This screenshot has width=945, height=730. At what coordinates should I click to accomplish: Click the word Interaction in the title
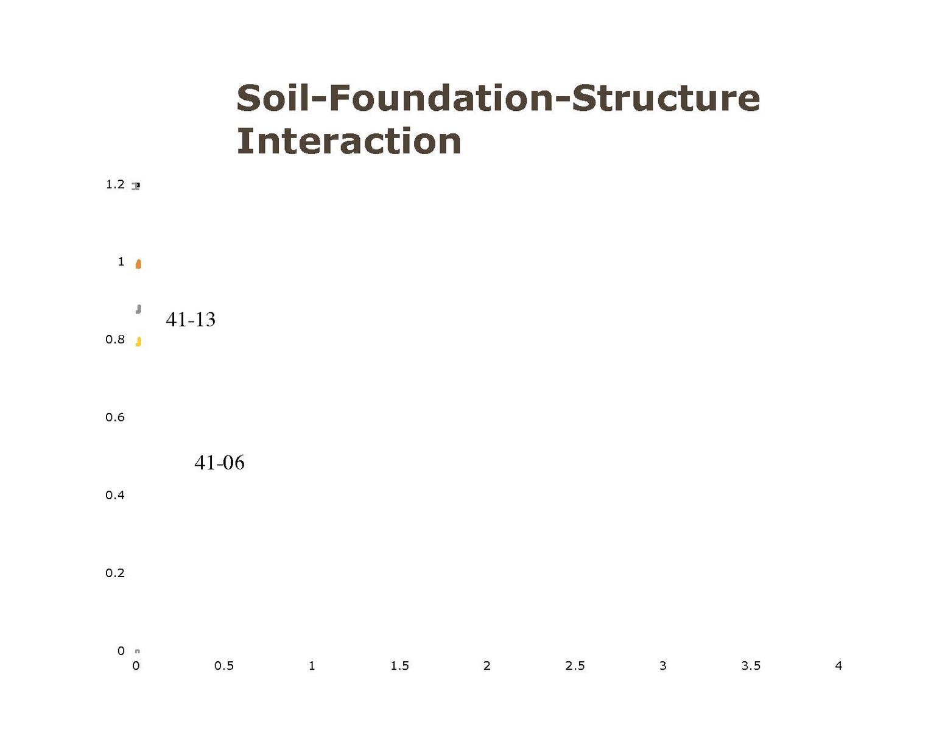coord(348,141)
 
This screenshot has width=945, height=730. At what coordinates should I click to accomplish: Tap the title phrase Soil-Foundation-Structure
coord(498,98)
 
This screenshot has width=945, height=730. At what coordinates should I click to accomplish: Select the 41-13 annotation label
coord(191,320)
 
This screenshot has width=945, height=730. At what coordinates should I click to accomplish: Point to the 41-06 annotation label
coord(219,463)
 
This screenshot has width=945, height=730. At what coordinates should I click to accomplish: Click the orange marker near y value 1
coord(138,264)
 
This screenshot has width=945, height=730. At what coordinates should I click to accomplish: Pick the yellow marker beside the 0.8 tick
coord(138,342)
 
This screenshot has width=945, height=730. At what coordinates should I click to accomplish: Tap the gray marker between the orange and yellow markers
coord(138,309)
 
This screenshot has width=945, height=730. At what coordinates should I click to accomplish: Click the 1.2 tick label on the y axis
coord(115,184)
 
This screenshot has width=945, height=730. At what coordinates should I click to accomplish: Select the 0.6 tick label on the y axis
coord(115,418)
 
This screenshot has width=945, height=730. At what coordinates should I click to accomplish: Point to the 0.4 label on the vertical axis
coord(115,495)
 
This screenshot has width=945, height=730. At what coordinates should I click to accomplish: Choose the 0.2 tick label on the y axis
coord(115,573)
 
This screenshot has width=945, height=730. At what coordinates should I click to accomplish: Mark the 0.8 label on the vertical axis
coord(115,340)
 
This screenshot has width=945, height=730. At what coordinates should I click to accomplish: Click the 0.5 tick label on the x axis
coord(224,666)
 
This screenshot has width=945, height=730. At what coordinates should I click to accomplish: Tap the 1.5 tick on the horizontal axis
coord(399,666)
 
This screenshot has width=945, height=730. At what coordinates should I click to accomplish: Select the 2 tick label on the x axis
coord(487,666)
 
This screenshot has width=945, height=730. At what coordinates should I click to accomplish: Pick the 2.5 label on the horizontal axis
coord(575,666)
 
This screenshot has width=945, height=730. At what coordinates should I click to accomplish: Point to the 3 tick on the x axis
coord(662,666)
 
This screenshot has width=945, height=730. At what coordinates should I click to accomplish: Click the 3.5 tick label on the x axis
coord(751,666)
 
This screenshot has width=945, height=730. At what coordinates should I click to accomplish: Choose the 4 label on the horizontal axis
coord(838,666)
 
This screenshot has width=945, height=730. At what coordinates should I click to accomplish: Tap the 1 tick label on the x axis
coord(312,666)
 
